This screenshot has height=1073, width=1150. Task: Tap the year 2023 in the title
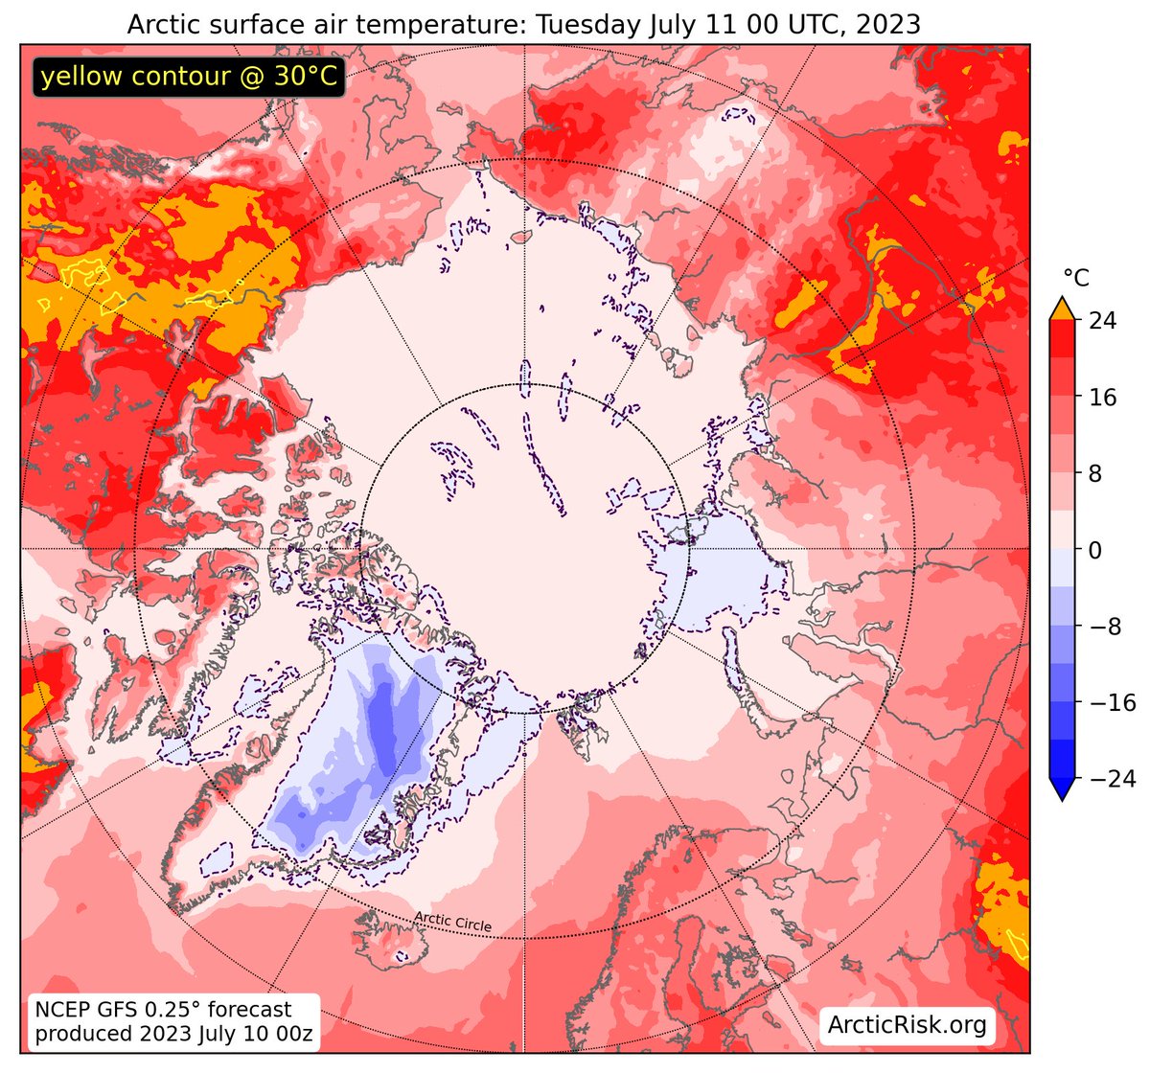click(887, 25)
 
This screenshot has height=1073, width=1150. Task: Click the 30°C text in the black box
click(305, 76)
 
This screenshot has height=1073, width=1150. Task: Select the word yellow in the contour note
click(81, 77)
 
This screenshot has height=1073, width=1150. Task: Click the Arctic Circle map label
click(453, 922)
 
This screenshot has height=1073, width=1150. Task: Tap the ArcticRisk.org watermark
click(907, 1024)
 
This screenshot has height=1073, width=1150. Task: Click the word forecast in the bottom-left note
click(249, 1010)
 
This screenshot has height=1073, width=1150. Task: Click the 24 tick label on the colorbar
click(1102, 321)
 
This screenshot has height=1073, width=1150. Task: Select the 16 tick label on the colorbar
click(1102, 398)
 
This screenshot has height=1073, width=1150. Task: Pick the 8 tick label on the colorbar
click(1095, 473)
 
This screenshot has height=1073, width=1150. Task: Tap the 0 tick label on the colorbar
click(1095, 550)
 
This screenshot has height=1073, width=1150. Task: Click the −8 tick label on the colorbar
click(1105, 627)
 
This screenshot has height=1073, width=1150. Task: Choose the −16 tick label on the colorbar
click(1113, 703)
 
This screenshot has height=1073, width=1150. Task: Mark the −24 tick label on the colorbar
click(1113, 780)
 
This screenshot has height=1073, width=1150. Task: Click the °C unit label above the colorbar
click(1076, 279)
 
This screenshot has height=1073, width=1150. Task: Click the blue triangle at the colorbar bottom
click(1062, 788)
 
